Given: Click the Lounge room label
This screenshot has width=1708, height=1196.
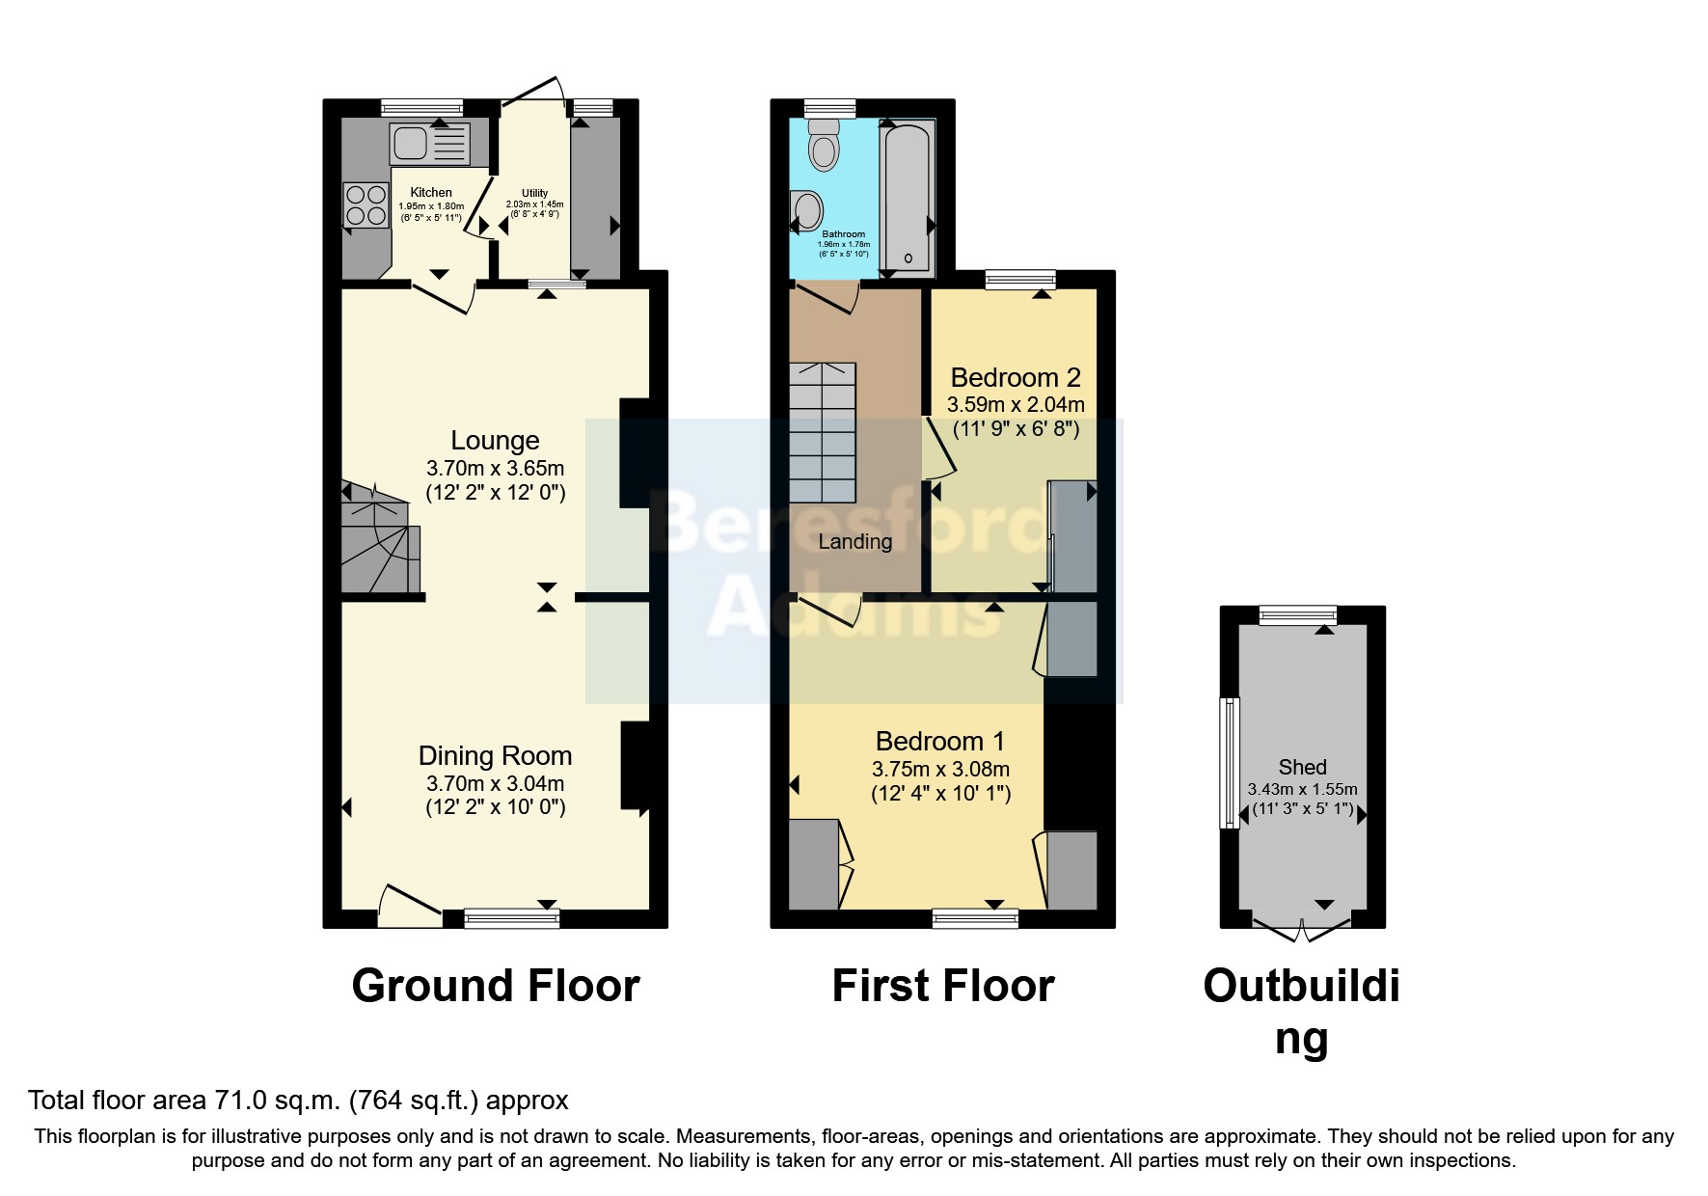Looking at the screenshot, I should pyautogui.click(x=495, y=441).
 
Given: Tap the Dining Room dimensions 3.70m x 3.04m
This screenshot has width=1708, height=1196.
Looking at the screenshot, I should pyautogui.click(x=495, y=783).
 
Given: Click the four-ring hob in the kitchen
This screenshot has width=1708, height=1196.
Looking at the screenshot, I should pyautogui.click(x=365, y=204).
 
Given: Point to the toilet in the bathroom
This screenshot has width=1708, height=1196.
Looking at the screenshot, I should pyautogui.click(x=823, y=145).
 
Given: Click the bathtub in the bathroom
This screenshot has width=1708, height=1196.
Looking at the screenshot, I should pyautogui.click(x=907, y=198).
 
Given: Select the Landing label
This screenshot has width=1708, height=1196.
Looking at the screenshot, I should pyautogui.click(x=854, y=542).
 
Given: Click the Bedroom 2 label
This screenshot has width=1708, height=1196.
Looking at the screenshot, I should pyautogui.click(x=1016, y=377).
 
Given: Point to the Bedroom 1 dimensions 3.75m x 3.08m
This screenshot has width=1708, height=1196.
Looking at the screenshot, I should pyautogui.click(x=940, y=770).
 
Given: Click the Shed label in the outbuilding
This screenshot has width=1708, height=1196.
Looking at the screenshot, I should pyautogui.click(x=1302, y=768).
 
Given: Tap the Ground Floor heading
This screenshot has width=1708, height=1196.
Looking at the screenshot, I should pyautogui.click(x=496, y=986).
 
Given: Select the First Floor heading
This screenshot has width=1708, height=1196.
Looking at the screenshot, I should pyautogui.click(x=942, y=986).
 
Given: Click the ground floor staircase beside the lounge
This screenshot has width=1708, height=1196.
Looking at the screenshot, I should pyautogui.click(x=378, y=545).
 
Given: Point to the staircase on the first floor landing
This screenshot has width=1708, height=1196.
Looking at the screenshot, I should pyautogui.click(x=823, y=432).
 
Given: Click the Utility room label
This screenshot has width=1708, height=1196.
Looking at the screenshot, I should pyautogui.click(x=534, y=193).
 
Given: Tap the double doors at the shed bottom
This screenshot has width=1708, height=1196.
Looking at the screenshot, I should pyautogui.click(x=1302, y=930).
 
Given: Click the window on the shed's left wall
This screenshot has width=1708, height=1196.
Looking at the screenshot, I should pyautogui.click(x=1231, y=762).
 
